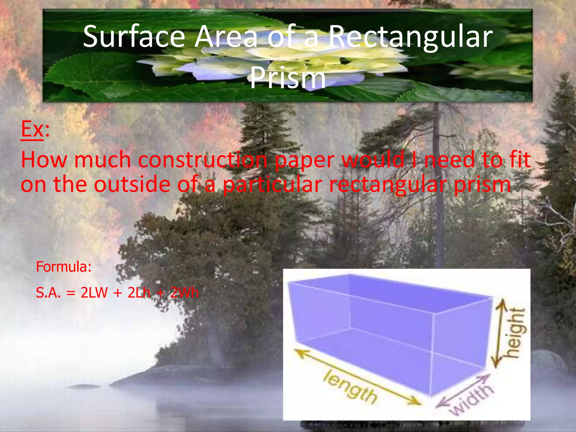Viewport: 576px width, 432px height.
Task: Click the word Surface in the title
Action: tap(134, 37)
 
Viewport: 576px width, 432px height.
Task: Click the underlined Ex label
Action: tap(32, 129)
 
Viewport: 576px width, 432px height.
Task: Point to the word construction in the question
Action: tap(202, 160)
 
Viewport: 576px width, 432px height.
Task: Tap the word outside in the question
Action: tap(132, 184)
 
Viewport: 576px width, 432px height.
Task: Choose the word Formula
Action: tap(64, 267)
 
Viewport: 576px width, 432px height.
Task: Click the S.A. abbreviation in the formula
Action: tap(48, 293)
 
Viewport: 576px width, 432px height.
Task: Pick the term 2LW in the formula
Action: tap(94, 293)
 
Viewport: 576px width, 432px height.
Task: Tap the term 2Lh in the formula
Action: tap(139, 293)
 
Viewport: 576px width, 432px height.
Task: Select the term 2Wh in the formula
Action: tap(184, 293)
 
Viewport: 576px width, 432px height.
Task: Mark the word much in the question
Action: tap(103, 160)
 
